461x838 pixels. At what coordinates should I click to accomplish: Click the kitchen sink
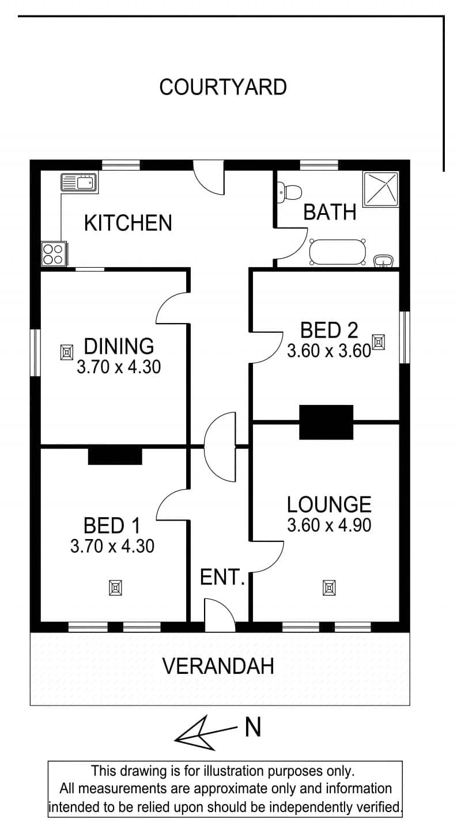(x=80, y=183)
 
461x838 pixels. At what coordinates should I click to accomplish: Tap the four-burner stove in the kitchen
(x=55, y=254)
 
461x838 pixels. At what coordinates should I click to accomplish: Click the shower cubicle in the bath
(x=380, y=189)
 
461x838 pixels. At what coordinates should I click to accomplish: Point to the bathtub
(x=337, y=252)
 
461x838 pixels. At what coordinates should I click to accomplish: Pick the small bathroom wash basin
(x=384, y=261)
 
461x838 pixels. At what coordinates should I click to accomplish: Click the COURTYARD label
(x=223, y=87)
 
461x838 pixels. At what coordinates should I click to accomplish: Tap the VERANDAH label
(x=218, y=666)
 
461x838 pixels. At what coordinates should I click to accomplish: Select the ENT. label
(x=222, y=577)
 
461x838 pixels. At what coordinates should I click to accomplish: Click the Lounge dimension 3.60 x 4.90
(x=329, y=525)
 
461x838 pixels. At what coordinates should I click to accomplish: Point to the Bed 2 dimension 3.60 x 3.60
(x=329, y=351)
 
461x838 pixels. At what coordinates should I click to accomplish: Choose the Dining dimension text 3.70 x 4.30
(x=119, y=367)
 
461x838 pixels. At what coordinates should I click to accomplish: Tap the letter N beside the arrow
(x=253, y=727)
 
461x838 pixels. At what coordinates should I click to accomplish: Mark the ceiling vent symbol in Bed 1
(x=116, y=587)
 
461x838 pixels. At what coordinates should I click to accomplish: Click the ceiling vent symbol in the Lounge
(x=329, y=587)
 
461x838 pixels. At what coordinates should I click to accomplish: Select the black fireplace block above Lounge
(x=326, y=422)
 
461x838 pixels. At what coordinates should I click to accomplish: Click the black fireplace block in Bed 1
(x=115, y=456)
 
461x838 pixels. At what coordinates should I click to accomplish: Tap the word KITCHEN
(x=128, y=223)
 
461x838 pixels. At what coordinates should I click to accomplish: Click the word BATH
(x=330, y=212)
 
